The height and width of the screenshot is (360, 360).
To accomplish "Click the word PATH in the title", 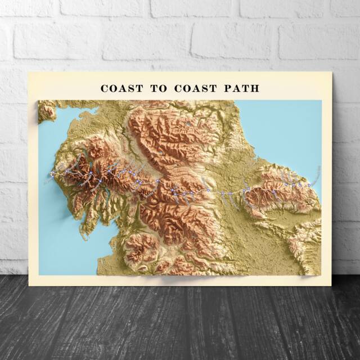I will click(x=240, y=88).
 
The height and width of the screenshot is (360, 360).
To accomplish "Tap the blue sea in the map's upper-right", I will click(x=281, y=129).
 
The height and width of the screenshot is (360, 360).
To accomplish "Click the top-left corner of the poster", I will click(x=28, y=72).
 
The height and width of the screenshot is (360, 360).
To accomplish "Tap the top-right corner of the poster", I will click(x=332, y=72).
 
